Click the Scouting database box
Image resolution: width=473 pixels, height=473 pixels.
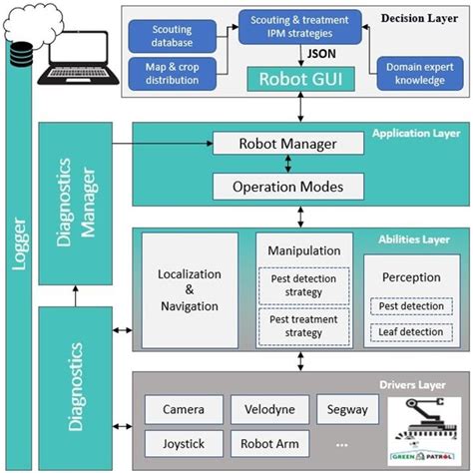click(x=173, y=36)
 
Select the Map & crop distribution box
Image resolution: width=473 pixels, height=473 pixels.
click(x=173, y=74)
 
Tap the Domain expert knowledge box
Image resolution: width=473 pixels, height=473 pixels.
click(x=420, y=74)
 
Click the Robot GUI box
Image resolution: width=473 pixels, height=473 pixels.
click(x=300, y=79)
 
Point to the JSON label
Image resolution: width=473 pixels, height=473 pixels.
click(x=321, y=54)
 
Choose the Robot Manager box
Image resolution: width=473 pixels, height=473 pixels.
click(x=288, y=144)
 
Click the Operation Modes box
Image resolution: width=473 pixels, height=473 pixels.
click(x=288, y=187)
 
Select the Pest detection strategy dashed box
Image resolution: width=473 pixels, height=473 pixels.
click(x=303, y=285)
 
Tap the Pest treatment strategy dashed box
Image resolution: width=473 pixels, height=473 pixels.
click(x=303, y=326)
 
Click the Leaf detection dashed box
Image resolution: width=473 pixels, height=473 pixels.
click(x=411, y=332)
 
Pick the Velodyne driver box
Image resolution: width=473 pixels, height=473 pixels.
click(x=269, y=409)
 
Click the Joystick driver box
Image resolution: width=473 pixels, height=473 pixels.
click(x=184, y=444)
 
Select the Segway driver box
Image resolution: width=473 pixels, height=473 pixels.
click(x=347, y=409)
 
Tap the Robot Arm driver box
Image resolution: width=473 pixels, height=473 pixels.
click(x=269, y=444)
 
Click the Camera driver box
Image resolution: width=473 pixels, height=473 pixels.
click(x=184, y=409)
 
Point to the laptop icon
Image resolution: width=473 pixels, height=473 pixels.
click(x=79, y=58)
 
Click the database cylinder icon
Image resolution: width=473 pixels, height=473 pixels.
click(x=21, y=54)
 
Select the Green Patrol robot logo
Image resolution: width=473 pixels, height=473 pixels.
click(x=424, y=431)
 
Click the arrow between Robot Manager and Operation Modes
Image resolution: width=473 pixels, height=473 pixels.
click(x=288, y=164)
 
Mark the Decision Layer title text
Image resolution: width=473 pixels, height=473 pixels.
click(x=419, y=18)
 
